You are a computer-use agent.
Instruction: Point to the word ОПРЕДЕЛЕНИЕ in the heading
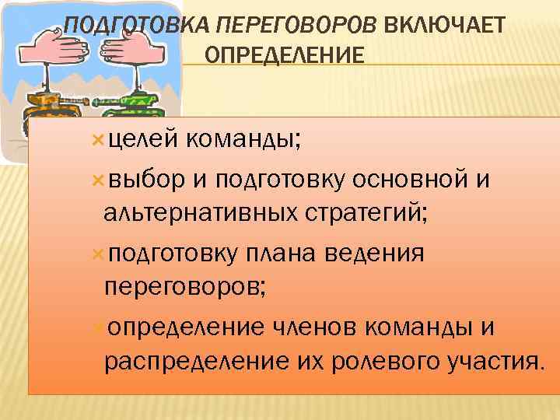pyautogui.click(x=284, y=56)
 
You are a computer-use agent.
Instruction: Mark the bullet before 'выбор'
pyautogui.click(x=98, y=180)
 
